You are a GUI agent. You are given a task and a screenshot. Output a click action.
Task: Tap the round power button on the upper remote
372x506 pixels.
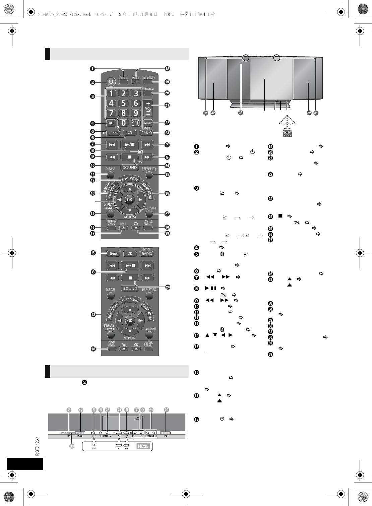[x=112, y=82]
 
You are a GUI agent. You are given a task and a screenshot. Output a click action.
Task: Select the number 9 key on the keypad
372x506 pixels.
[x=136, y=113]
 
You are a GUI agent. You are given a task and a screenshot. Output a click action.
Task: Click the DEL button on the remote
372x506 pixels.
[x=111, y=123]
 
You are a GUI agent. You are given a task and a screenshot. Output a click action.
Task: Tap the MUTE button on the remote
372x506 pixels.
[x=148, y=123]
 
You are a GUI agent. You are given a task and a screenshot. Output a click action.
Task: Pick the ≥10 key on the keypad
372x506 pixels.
[x=136, y=123]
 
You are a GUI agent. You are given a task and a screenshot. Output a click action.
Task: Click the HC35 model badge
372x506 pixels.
[x=143, y=446]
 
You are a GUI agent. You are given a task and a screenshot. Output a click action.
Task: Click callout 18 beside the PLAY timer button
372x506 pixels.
[x=167, y=69]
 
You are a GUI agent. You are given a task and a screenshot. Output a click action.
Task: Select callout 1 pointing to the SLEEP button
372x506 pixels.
[x=92, y=69]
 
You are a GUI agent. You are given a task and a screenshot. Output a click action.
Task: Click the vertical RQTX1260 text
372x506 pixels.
[x=37, y=446]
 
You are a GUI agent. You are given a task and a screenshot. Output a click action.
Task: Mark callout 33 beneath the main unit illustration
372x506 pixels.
[x=240, y=113]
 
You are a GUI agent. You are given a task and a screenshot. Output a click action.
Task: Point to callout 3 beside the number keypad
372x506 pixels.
[x=92, y=97]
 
